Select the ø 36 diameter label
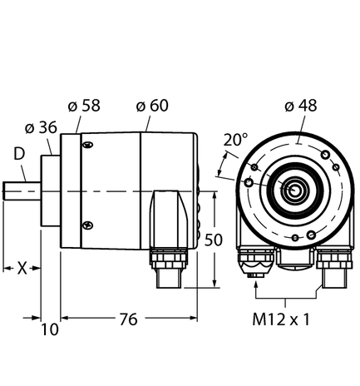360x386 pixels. [42, 128]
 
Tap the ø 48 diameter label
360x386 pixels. [300, 106]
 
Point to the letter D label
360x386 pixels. [17, 155]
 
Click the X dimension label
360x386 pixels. [22, 269]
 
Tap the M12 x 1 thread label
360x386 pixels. [288, 320]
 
